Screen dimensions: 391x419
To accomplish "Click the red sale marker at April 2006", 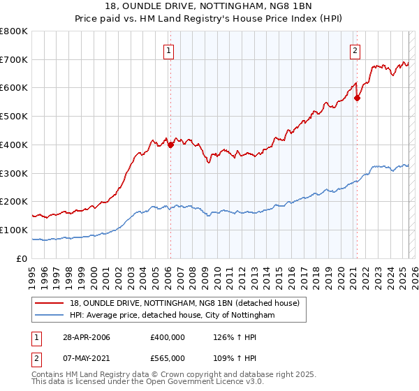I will (170, 145).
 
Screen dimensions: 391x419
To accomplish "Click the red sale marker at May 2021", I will (357, 98).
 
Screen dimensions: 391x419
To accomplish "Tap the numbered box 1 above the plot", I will (170, 50).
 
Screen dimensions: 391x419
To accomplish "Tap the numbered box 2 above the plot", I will (355, 50).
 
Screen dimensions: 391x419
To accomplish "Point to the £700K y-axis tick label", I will (14, 60).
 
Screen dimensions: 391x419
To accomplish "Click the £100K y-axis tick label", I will (14, 230).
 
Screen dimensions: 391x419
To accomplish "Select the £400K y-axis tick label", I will (14, 145).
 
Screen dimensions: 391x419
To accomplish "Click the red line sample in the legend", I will (50, 303).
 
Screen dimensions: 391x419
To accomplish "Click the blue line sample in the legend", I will (50, 316).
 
